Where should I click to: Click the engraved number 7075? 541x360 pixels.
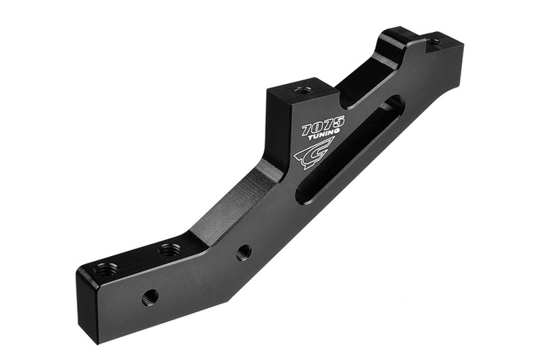point(323,126)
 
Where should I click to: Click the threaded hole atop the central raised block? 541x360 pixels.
point(303,90)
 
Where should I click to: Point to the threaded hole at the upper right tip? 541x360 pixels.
point(434,42)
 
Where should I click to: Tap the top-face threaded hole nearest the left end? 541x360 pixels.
point(106,269)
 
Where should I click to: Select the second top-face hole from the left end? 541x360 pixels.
point(169,250)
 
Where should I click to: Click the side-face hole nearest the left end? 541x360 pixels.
point(149,297)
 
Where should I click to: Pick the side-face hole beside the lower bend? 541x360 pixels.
point(243,252)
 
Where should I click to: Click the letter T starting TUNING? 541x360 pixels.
point(311,138)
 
